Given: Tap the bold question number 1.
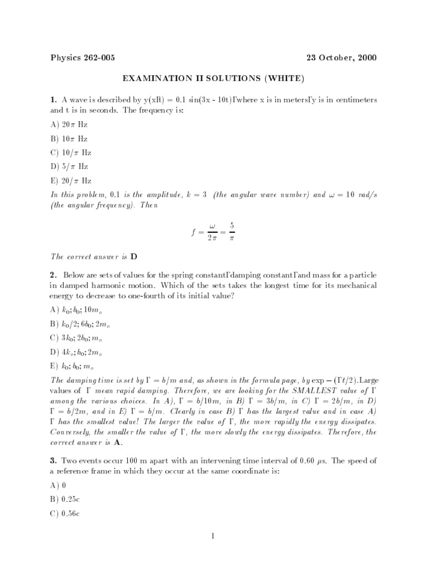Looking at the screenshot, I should (x=53, y=100).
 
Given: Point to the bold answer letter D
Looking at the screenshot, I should (x=133, y=257).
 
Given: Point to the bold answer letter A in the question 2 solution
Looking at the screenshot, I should (x=117, y=443).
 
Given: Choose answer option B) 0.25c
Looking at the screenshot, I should (x=66, y=500).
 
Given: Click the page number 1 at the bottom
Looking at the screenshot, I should (x=213, y=536).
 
